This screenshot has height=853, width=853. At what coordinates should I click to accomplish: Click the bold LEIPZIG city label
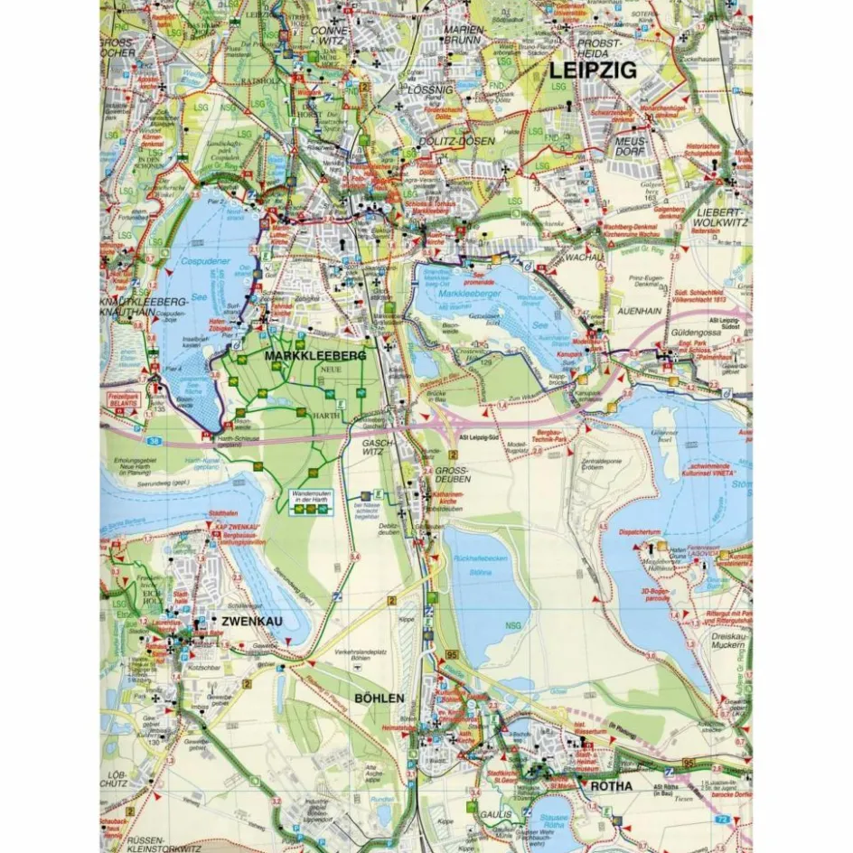593,70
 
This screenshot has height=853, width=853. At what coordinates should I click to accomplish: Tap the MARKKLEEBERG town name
314,357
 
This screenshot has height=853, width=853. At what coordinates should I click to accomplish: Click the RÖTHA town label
611,786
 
